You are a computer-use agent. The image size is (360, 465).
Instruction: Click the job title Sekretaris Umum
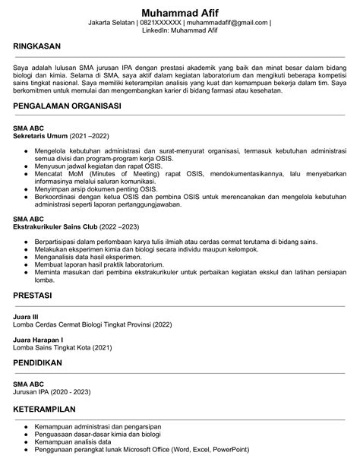pyautogui.click(x=40, y=136)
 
